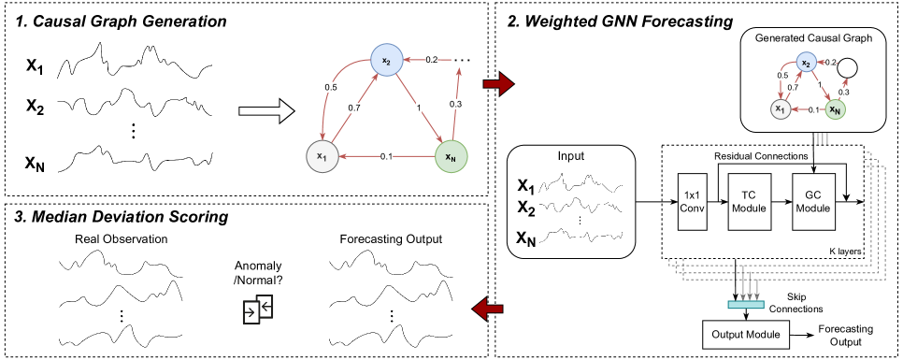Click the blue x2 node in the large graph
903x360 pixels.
pyautogui.click(x=385, y=61)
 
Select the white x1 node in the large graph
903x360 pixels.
pyautogui.click(x=322, y=156)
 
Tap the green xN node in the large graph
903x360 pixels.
pyautogui.click(x=451, y=156)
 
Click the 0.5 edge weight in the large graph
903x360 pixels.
pyautogui.click(x=331, y=87)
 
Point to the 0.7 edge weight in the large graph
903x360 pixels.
pyautogui.click(x=354, y=108)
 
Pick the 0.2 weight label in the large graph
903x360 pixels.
pyautogui.click(x=431, y=60)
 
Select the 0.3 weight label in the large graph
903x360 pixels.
pyautogui.click(x=456, y=104)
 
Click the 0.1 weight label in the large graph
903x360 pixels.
pyautogui.click(x=387, y=156)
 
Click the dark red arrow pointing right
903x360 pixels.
pyautogui.click(x=498, y=84)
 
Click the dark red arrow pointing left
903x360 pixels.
pyautogui.click(x=488, y=308)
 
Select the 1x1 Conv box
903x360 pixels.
pyautogui.click(x=693, y=201)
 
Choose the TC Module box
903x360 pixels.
pyautogui.click(x=748, y=201)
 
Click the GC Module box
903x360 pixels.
pyautogui.click(x=811, y=201)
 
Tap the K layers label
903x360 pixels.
pyautogui.click(x=845, y=252)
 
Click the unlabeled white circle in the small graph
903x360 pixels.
pyautogui.click(x=847, y=67)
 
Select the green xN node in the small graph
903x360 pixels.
pyautogui.click(x=835, y=110)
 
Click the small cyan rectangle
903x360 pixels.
pyautogui.click(x=746, y=304)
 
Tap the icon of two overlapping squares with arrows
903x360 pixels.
pyautogui.click(x=258, y=309)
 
